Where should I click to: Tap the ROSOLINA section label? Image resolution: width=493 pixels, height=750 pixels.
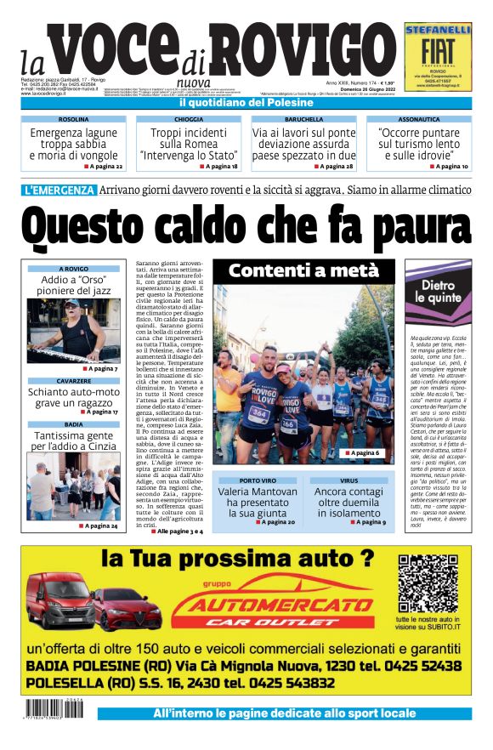point(73,120)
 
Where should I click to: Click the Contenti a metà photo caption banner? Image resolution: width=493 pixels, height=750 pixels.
point(303,270)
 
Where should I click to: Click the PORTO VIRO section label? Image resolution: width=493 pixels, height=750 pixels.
point(255,480)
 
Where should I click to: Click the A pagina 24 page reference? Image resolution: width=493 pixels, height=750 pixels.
point(99,526)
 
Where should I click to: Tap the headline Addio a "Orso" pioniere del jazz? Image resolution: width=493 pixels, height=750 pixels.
point(73,285)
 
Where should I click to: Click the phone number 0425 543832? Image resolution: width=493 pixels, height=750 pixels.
point(274,683)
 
